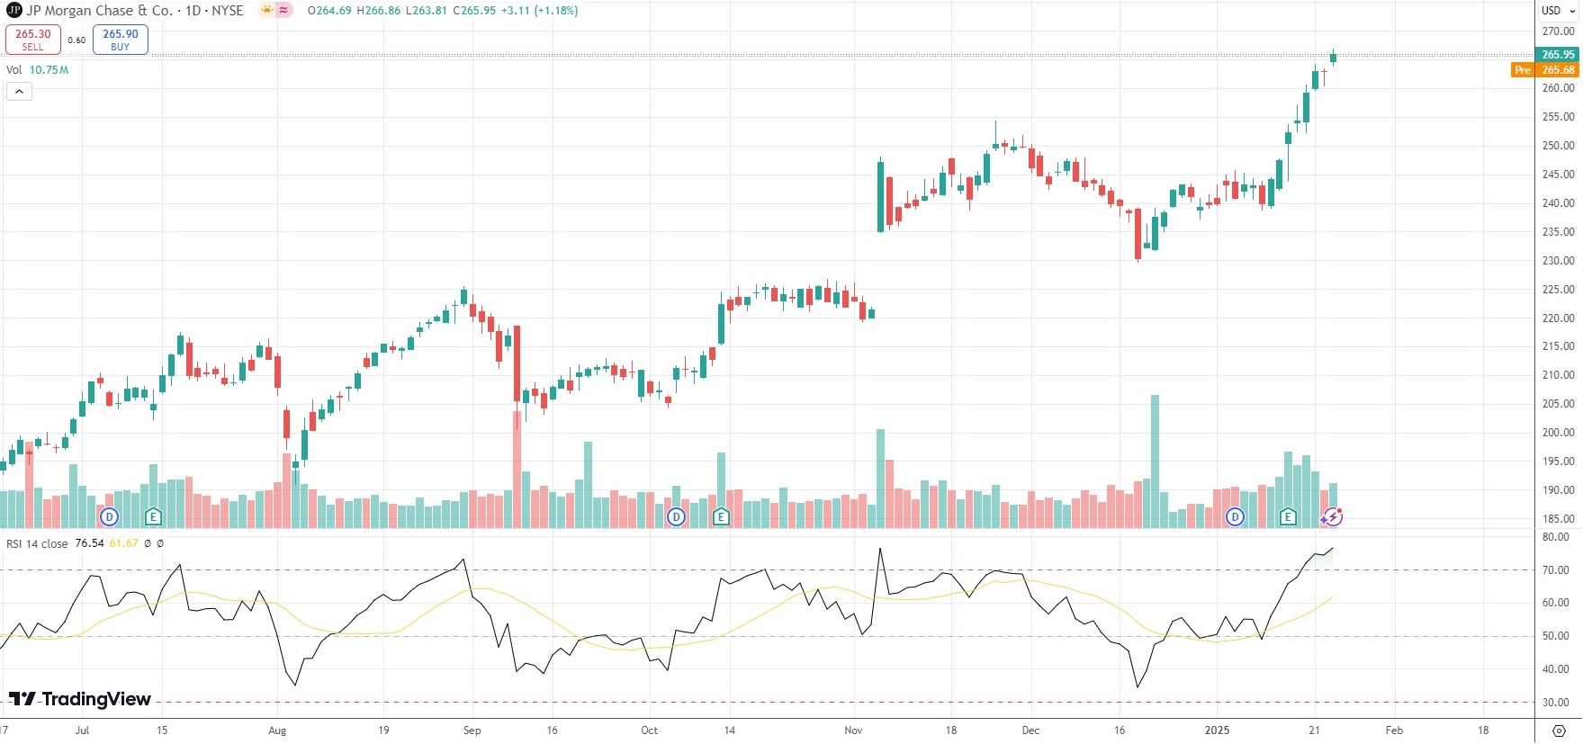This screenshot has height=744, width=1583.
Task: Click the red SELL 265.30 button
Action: (x=32, y=39)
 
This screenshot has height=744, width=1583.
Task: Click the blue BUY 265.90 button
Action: (x=120, y=39)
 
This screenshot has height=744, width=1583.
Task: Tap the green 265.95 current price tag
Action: (x=1558, y=55)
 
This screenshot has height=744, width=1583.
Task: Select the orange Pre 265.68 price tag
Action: (x=1546, y=70)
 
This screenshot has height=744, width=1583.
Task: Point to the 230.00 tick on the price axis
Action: (x=1558, y=261)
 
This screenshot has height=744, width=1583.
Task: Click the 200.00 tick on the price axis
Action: (x=1558, y=433)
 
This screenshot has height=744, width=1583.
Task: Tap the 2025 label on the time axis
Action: (x=1217, y=731)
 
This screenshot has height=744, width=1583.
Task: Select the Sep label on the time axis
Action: (x=472, y=731)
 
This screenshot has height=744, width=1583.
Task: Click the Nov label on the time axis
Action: (x=853, y=731)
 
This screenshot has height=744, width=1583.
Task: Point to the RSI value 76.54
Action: (x=89, y=543)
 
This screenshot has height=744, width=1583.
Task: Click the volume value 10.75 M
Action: (x=49, y=70)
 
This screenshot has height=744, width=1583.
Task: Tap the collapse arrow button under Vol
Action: (x=19, y=91)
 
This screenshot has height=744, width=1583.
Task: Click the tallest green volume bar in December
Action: (x=1155, y=461)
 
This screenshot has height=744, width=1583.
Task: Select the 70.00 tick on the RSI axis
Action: (x=1555, y=570)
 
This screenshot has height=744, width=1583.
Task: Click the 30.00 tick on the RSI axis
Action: (x=1555, y=703)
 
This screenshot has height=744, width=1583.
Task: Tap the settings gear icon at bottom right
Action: (x=1559, y=731)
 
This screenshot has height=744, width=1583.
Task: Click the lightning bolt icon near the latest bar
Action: (x=1333, y=516)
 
